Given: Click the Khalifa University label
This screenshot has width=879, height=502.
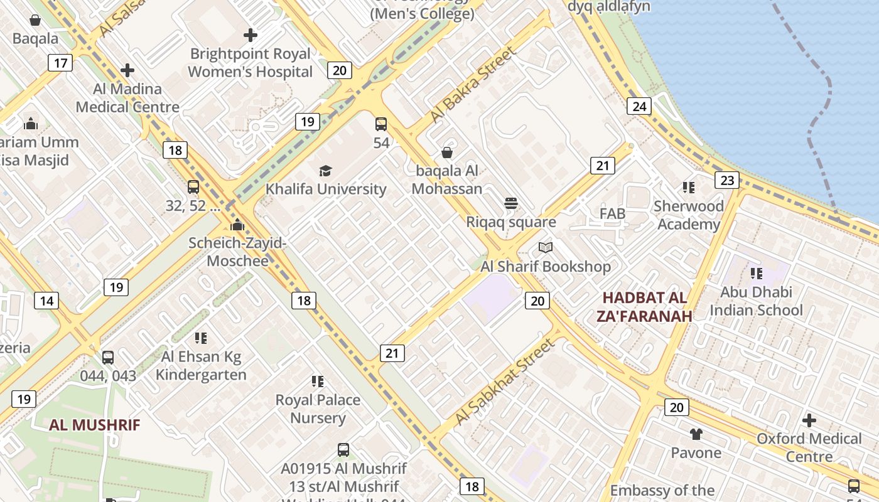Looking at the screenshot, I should pyautogui.click(x=325, y=189).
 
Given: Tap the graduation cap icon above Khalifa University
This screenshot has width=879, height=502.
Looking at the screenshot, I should pyautogui.click(x=325, y=171).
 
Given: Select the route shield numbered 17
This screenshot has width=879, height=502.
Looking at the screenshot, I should pyautogui.click(x=60, y=63).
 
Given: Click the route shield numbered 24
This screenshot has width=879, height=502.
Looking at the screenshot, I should pyautogui.click(x=639, y=106).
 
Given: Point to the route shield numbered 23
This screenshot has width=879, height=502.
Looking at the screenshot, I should pyautogui.click(x=726, y=181).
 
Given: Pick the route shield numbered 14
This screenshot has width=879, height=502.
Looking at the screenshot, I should pyautogui.click(x=46, y=301).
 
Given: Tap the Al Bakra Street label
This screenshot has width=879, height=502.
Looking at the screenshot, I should pyautogui.click(x=473, y=85).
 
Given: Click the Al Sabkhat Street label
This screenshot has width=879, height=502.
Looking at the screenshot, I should pyautogui.click(x=505, y=382).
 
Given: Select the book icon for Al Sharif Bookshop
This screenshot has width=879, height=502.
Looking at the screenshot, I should pyautogui.click(x=546, y=248).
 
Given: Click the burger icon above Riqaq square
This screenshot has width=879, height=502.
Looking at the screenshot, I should pyautogui.click(x=511, y=203).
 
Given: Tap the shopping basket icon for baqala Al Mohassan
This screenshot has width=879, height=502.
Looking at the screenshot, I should pyautogui.click(x=447, y=152).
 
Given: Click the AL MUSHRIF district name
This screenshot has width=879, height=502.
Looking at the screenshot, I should pyautogui.click(x=95, y=425).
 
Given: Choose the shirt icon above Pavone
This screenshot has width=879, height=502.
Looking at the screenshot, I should pyautogui.click(x=696, y=434).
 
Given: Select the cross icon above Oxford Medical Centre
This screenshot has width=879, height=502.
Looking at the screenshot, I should pyautogui.click(x=809, y=420).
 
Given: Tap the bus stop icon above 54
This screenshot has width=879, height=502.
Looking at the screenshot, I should pyautogui.click(x=381, y=124).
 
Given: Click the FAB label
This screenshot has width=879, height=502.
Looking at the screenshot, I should pyautogui.click(x=612, y=214).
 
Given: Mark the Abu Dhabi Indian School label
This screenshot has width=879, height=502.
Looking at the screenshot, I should pyautogui.click(x=756, y=301).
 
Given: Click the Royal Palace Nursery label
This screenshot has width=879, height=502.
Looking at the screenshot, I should pyautogui.click(x=318, y=409).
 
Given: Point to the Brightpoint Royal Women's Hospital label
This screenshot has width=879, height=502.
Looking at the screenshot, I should pyautogui.click(x=251, y=63).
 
